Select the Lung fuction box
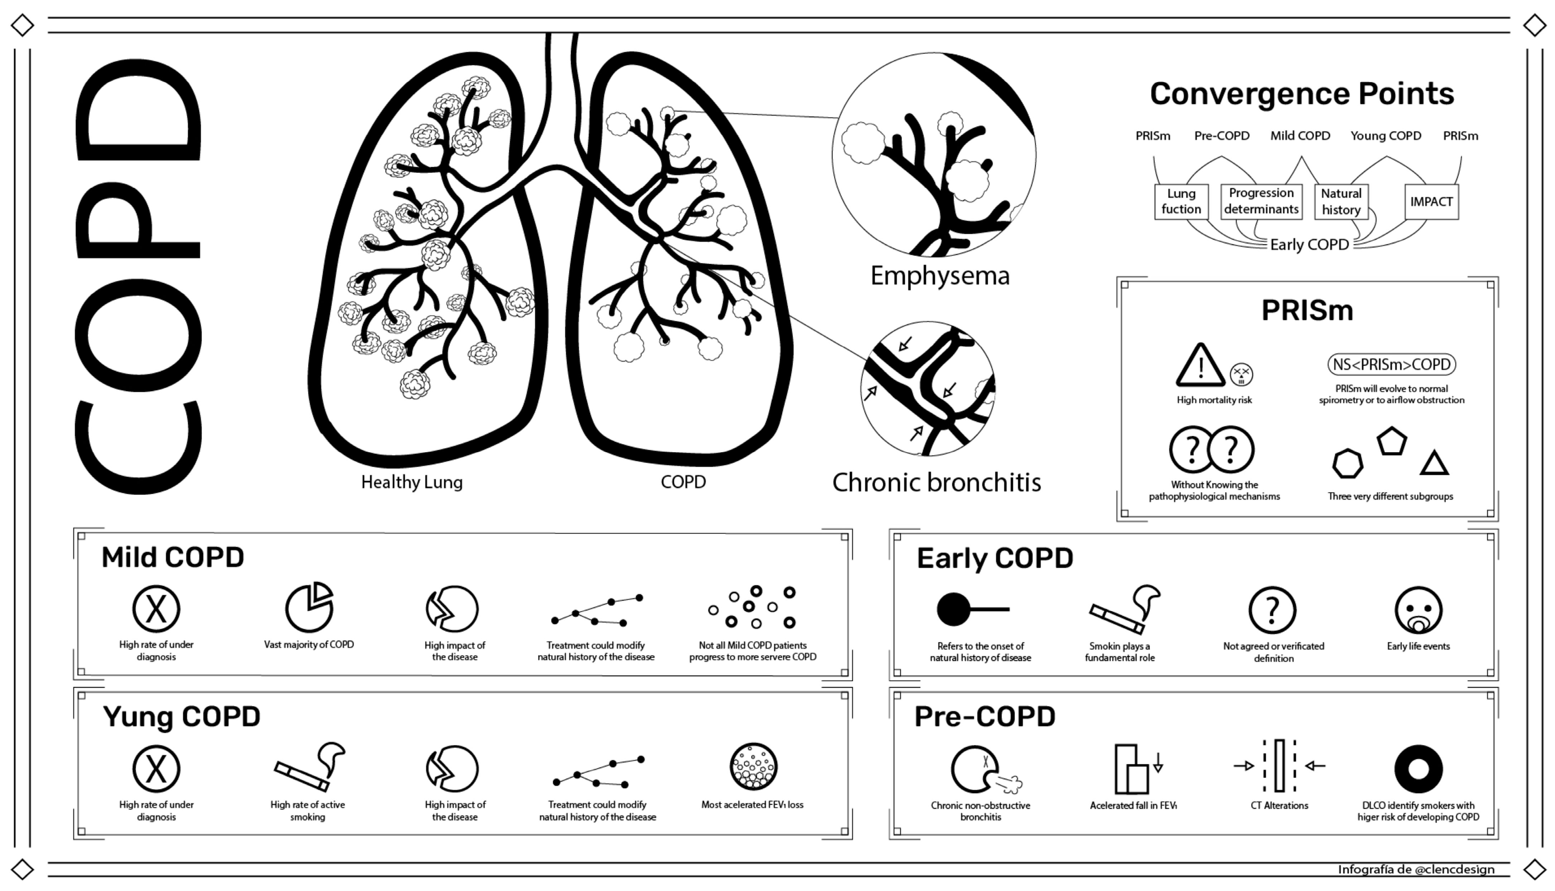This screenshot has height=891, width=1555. [1181, 201]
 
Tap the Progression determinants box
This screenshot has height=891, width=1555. [1261, 201]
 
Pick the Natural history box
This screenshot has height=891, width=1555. [1341, 201]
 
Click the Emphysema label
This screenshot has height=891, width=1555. [940, 276]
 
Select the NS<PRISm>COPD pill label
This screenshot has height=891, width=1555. [1391, 365]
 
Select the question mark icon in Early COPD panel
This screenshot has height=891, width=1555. [1273, 610]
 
